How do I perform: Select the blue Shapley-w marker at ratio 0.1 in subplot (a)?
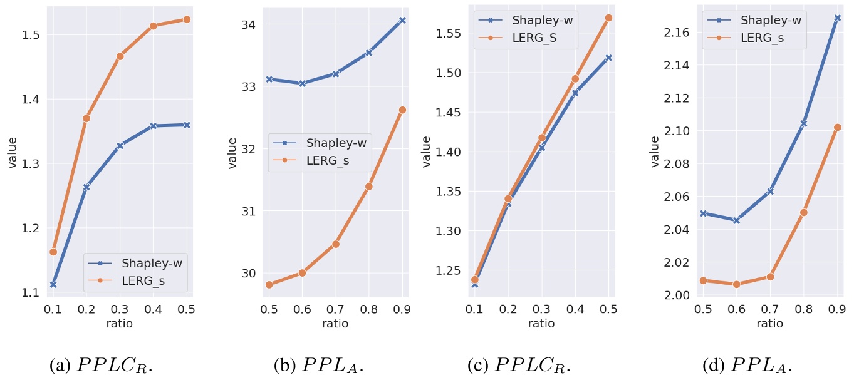[x=53, y=284]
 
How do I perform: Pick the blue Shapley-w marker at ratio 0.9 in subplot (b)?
[x=402, y=20]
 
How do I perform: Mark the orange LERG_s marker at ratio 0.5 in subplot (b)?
[x=269, y=285]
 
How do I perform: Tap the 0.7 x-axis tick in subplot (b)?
[x=335, y=309]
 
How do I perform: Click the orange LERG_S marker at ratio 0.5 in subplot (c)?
[x=608, y=18]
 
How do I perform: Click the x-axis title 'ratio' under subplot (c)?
[x=541, y=323]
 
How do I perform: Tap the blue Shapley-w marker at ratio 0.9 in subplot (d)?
[x=837, y=18]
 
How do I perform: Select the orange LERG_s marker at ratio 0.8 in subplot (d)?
[x=804, y=212]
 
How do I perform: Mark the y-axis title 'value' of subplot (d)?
[x=655, y=152]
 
